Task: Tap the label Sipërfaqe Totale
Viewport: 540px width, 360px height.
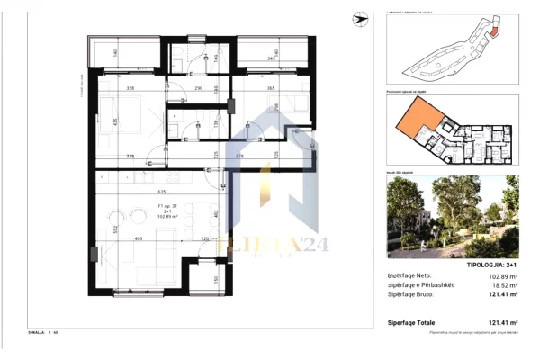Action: click(x=411, y=321)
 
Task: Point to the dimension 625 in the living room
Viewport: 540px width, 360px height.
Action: click(x=162, y=191)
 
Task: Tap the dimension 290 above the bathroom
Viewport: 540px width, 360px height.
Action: click(x=201, y=89)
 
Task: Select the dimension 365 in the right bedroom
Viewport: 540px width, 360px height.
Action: click(x=269, y=89)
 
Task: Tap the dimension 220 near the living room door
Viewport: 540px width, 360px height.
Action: click(x=205, y=238)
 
